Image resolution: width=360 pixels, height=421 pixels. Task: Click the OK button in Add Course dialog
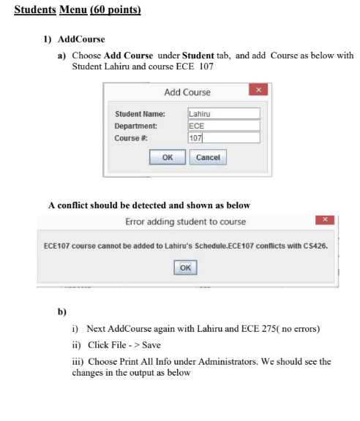coord(168,157)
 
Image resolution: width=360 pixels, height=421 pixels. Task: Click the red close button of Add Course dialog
coord(258,90)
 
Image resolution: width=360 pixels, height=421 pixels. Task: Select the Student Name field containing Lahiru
coord(223,113)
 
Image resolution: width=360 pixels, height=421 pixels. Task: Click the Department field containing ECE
coord(223,125)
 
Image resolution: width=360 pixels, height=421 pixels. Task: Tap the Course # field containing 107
coord(223,137)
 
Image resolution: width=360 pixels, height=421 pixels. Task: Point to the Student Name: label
coord(140,114)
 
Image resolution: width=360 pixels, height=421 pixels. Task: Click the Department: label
coord(136,126)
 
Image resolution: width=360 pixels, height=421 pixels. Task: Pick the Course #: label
coord(131,137)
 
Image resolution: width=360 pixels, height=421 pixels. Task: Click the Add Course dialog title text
coord(187,92)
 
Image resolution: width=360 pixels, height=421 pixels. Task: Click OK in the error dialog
coord(185,268)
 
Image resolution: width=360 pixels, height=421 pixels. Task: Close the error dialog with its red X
coord(327,220)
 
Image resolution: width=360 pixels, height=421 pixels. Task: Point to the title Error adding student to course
coord(186,221)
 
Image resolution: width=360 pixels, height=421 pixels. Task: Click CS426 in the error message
coord(315,246)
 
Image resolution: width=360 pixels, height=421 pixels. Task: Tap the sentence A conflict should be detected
coord(149,205)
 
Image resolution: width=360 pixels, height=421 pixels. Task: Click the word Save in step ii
coord(151,345)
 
